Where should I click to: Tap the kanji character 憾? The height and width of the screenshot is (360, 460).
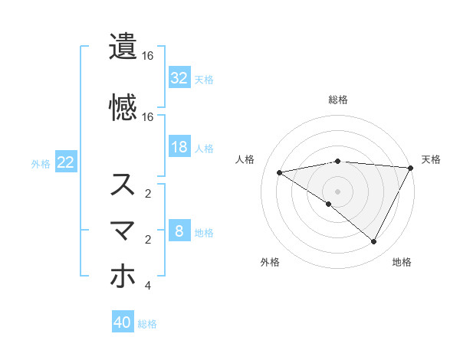(x=123, y=106)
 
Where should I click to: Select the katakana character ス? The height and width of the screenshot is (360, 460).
(x=123, y=185)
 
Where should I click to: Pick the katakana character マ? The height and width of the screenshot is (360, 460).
(x=123, y=231)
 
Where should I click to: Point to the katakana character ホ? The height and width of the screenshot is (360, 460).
(x=123, y=277)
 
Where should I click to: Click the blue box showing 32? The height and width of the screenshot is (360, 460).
(x=179, y=78)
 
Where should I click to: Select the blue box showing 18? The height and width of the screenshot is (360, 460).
(x=179, y=147)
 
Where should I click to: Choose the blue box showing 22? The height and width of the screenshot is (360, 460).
(x=66, y=162)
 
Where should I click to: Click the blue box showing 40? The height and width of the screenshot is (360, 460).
(x=123, y=322)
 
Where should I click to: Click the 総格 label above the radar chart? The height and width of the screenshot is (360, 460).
(x=337, y=100)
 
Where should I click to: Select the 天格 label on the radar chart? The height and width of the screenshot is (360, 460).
(x=431, y=159)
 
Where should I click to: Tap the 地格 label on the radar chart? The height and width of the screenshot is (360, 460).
(x=402, y=262)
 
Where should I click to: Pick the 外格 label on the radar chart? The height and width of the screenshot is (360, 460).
(x=270, y=262)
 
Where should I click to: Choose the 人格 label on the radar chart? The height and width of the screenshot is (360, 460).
(x=246, y=159)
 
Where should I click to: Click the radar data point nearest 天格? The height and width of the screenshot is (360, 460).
(x=411, y=168)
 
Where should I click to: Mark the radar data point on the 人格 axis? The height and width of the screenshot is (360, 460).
(x=280, y=172)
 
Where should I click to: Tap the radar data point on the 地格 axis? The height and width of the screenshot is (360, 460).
(x=374, y=242)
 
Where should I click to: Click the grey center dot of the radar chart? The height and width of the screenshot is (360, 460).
(x=337, y=191)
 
